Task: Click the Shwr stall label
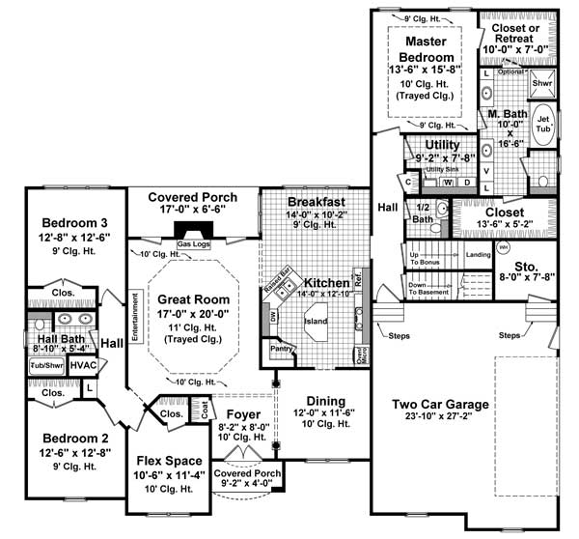pyautogui.click(x=543, y=83)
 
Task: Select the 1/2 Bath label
pyautogui.click(x=422, y=213)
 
